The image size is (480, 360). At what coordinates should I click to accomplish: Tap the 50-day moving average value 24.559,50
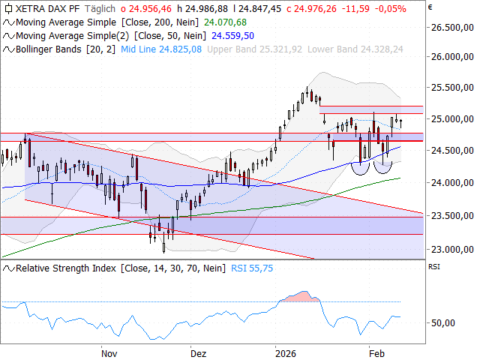tap(232, 35)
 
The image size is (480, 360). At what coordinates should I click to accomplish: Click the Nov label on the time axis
tap(109, 352)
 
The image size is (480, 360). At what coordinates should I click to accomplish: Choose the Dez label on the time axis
tap(197, 352)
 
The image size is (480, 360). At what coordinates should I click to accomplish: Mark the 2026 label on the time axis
tap(286, 352)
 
